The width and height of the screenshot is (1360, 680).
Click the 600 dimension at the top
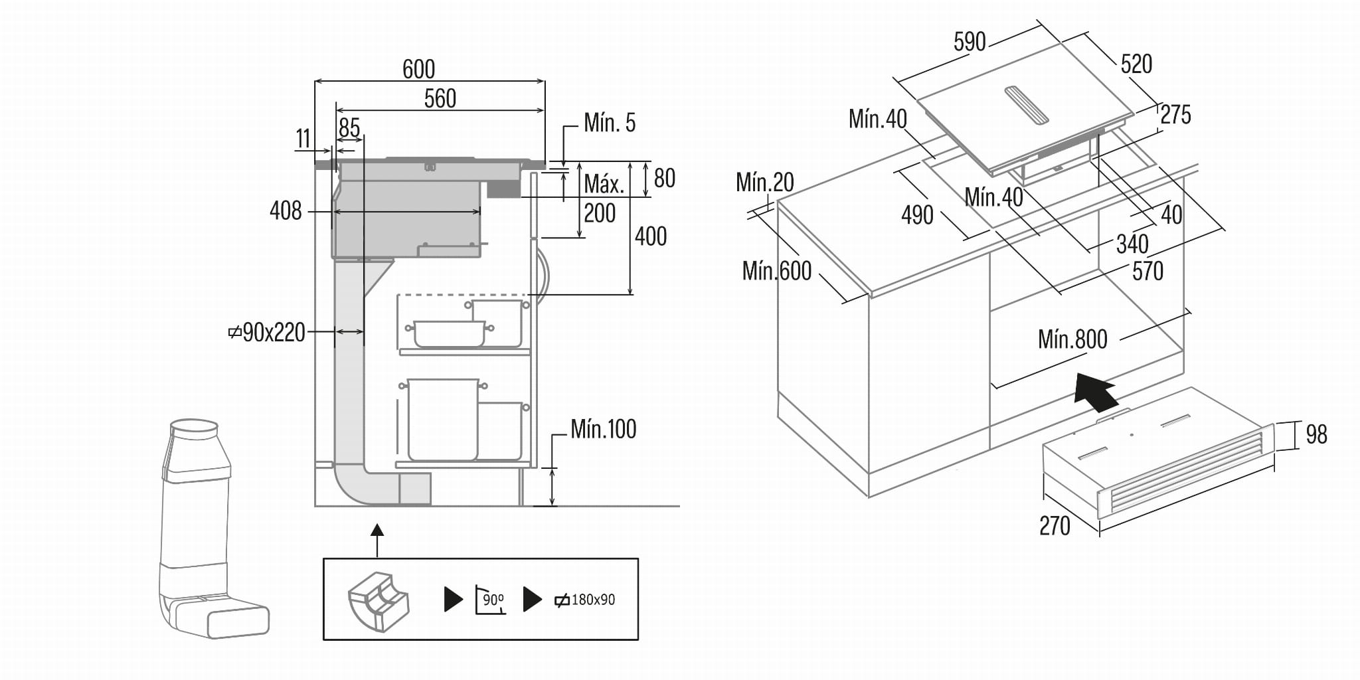[418, 69]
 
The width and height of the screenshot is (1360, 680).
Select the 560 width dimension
[440, 99]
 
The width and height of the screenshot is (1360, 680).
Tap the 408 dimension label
[286, 211]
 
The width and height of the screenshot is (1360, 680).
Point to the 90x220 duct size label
[267, 332]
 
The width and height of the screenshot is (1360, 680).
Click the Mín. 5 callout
[609, 123]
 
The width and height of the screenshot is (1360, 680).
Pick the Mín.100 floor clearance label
[603, 429]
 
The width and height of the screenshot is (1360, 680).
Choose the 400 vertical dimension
[650, 236]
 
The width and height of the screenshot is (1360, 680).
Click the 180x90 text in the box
[592, 600]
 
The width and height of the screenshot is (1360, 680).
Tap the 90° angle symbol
[491, 600]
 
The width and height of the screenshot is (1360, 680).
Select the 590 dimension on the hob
[969, 42]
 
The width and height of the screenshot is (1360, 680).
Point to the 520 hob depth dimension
[1136, 64]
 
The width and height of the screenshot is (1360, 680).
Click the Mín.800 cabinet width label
[1072, 339]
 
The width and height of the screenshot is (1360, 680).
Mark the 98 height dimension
[1316, 434]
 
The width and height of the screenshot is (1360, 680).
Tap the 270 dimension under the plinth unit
[1055, 526]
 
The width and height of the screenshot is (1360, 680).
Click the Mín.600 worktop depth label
[777, 271]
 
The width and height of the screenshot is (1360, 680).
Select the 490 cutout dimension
[917, 215]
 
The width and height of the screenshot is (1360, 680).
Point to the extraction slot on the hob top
[1026, 105]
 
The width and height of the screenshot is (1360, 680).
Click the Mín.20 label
[764, 182]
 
